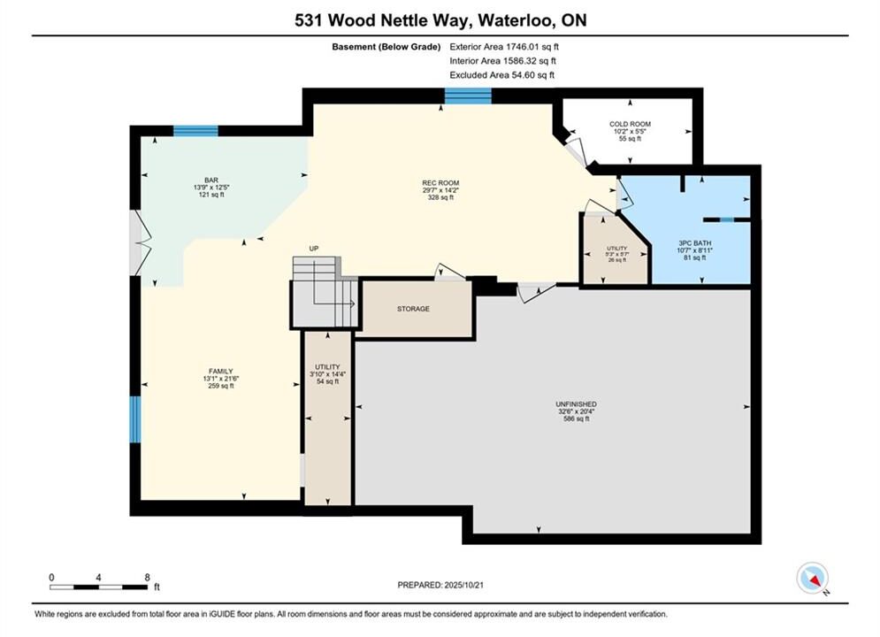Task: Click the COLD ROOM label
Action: pyautogui.click(x=630, y=124)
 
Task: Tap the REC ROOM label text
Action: pyautogui.click(x=440, y=183)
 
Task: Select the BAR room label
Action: pyautogui.click(x=211, y=180)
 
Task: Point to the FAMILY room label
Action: pyautogui.click(x=220, y=372)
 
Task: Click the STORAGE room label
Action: pyautogui.click(x=413, y=309)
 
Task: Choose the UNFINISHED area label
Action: pyautogui.click(x=576, y=404)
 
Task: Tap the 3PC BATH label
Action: pyautogui.click(x=695, y=243)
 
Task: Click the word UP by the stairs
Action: pyautogui.click(x=314, y=248)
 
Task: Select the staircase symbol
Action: pyautogui.click(x=325, y=292)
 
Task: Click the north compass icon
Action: pyautogui.click(x=812, y=578)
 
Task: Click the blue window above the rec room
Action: pyautogui.click(x=468, y=96)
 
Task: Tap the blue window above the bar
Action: pyautogui.click(x=195, y=131)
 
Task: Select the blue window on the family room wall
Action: pyautogui.click(x=134, y=419)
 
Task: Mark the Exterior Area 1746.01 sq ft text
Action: pyautogui.click(x=504, y=47)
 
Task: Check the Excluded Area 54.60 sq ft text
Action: pyautogui.click(x=501, y=74)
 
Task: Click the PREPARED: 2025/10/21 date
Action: pyautogui.click(x=440, y=585)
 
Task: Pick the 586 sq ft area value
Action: pyautogui.click(x=576, y=418)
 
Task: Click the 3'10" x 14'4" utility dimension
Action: pyautogui.click(x=327, y=374)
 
